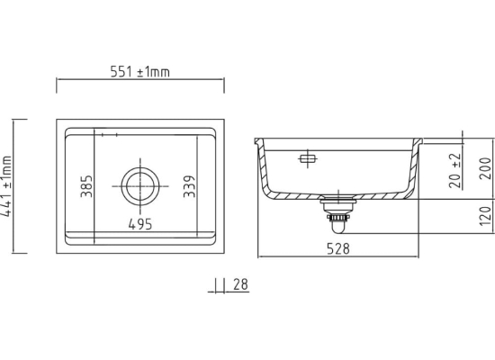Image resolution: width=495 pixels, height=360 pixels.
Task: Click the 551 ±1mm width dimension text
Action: (140, 72)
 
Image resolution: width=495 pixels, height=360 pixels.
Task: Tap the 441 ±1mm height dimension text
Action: (7, 186)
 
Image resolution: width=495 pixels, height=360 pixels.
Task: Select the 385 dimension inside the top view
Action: (86, 186)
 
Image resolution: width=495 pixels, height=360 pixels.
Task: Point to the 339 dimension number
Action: (189, 186)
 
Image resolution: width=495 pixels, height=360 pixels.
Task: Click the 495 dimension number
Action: (140, 224)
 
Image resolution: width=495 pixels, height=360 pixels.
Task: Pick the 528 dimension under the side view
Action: (338, 248)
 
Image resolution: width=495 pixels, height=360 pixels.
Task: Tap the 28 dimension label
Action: (241, 284)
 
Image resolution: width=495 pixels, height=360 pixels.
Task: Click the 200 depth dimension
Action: (486, 168)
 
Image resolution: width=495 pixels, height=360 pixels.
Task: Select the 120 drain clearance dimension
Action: (486, 216)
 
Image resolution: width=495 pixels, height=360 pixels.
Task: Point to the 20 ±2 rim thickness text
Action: (455, 170)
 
